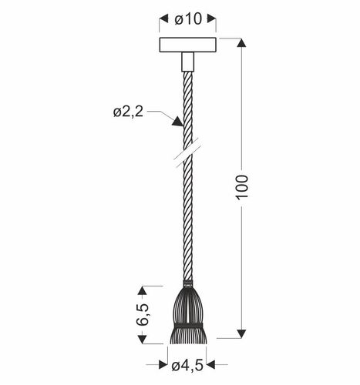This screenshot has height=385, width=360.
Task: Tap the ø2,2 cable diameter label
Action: pos(128,113)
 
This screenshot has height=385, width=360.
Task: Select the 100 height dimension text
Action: pos(242,187)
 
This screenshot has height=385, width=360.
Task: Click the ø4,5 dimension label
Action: pos(187,365)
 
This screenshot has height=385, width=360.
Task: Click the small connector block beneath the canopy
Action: pos(187,61)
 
